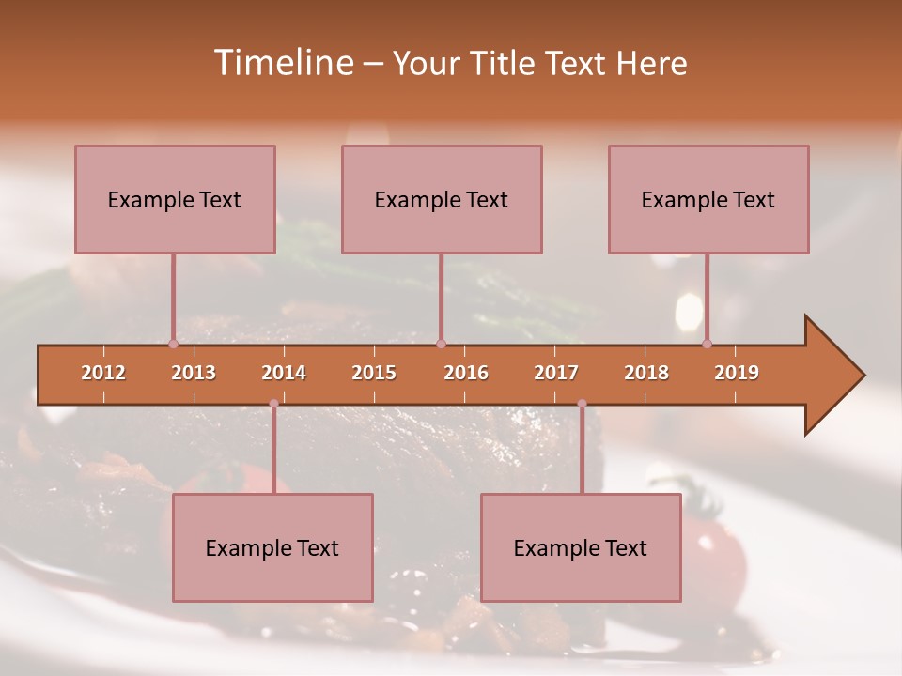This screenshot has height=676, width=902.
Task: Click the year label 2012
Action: pos(103,373)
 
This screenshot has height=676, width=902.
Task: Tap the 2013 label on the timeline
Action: pos(194,373)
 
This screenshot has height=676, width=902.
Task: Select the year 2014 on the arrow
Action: pos(284,373)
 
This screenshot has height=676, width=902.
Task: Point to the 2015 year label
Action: pos(374,373)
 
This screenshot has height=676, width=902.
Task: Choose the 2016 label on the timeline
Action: pos(466,373)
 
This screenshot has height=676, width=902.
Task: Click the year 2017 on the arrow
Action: pos(556,373)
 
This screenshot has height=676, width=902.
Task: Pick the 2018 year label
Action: pos(646,373)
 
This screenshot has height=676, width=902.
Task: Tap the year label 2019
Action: pos(737,373)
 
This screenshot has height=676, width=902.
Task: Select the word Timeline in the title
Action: pos(281,63)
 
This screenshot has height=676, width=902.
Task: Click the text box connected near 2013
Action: pos(175,199)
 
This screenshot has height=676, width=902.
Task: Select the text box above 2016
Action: pos(442,199)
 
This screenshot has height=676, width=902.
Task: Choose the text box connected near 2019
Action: pos(708,199)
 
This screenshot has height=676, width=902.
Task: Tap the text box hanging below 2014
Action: pos(272,547)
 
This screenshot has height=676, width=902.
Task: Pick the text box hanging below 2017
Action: pos(581,547)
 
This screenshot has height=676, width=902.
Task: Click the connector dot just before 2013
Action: pos(173,344)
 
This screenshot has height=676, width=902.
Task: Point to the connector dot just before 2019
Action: pos(707,344)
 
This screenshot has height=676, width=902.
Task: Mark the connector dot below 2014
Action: pos(273,404)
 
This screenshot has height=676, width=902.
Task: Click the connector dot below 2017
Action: pos(582,404)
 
